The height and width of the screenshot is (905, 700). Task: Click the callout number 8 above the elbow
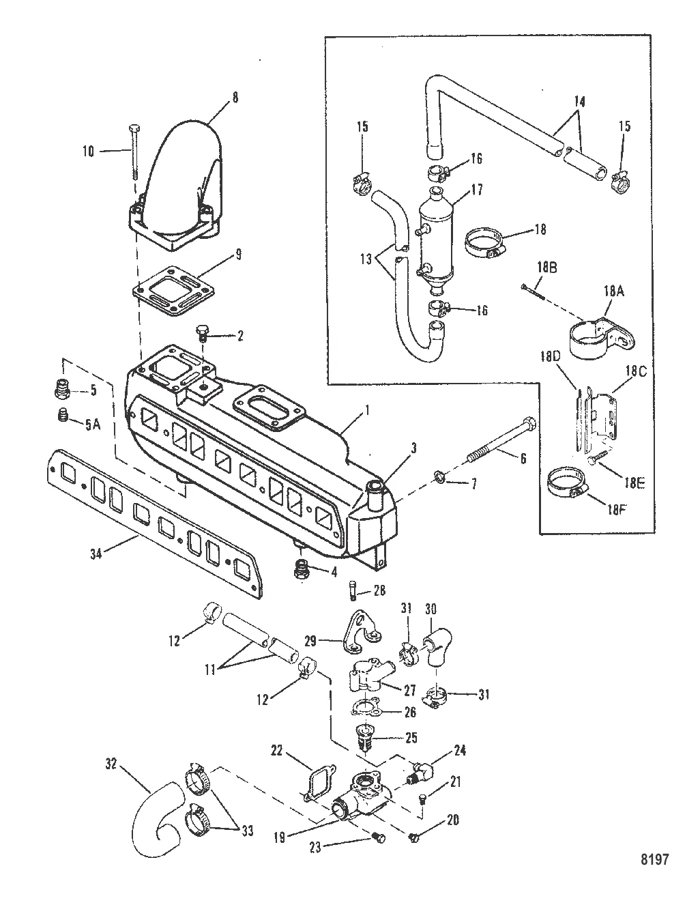pos(235,98)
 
